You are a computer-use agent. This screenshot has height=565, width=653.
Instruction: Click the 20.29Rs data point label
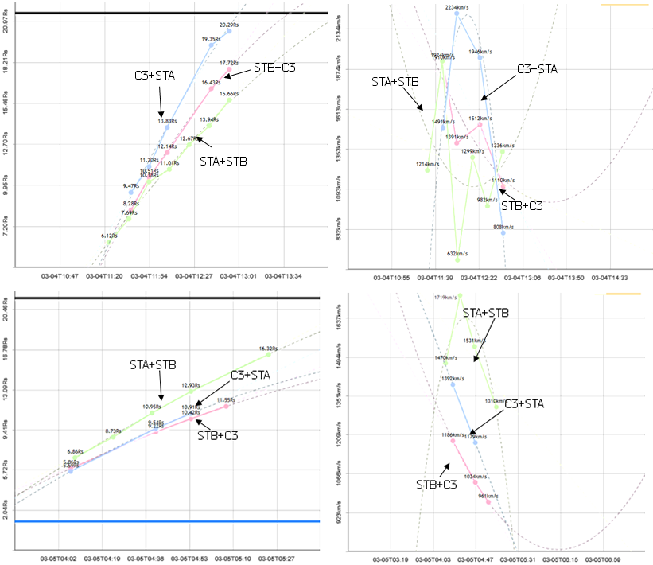click(x=230, y=25)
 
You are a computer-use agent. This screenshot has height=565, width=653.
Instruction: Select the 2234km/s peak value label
click(x=457, y=8)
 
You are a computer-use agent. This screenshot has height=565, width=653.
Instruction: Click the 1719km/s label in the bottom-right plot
click(x=445, y=298)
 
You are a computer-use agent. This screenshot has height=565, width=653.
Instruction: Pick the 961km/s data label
click(x=488, y=496)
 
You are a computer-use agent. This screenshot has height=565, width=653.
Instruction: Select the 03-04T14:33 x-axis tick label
click(x=611, y=279)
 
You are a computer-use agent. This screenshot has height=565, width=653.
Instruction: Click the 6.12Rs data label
click(x=110, y=236)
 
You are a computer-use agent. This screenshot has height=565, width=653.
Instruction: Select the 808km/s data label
click(x=503, y=228)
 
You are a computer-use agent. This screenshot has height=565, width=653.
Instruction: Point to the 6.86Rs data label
click(x=76, y=451)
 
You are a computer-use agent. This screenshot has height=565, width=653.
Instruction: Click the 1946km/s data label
click(x=480, y=51)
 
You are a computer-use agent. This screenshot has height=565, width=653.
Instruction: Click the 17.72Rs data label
click(x=229, y=63)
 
